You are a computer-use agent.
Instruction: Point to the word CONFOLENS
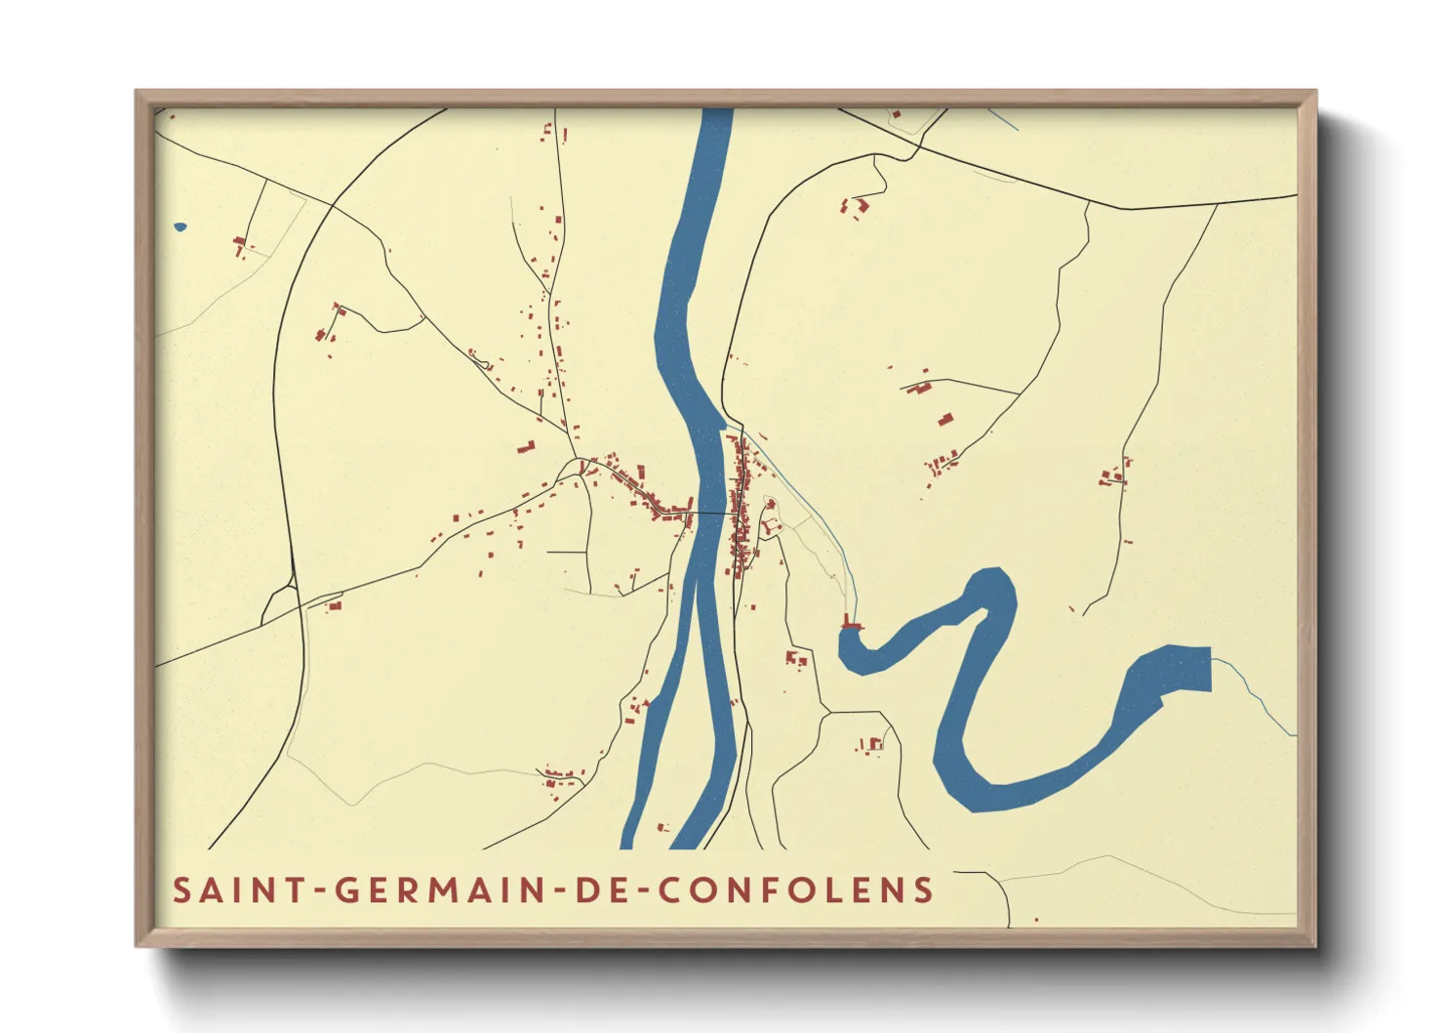(796, 889)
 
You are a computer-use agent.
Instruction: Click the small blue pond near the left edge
(180, 227)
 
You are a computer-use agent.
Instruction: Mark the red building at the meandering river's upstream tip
(852, 625)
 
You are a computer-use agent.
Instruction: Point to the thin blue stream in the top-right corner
(1003, 120)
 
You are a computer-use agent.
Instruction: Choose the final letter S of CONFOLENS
(924, 889)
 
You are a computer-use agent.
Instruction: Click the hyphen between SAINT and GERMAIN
(319, 890)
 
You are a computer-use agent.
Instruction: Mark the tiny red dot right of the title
(1035, 919)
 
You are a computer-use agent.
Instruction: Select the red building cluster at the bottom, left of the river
(558, 778)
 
